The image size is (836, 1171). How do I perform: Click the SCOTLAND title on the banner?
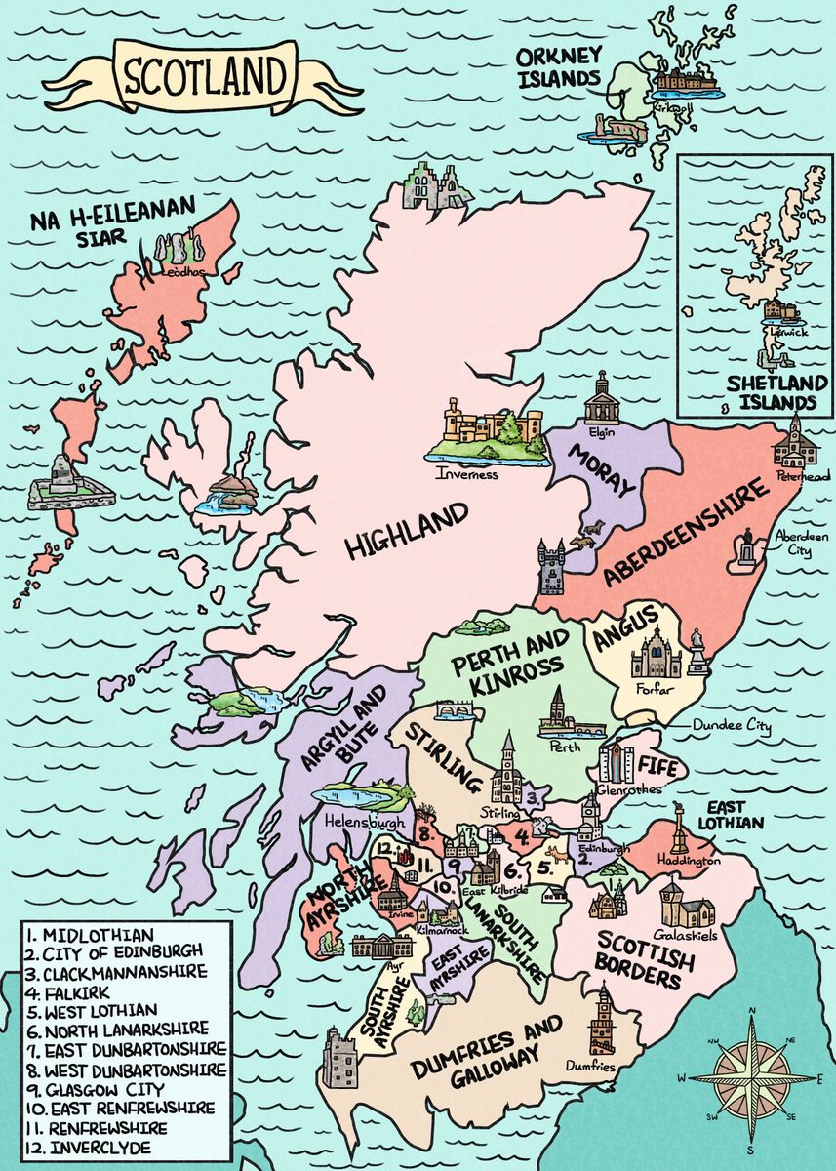point(204,76)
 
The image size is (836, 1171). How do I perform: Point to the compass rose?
point(751,1077)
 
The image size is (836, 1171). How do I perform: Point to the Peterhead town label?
point(802,477)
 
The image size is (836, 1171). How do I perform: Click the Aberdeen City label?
point(800,545)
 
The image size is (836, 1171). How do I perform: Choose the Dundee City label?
point(732,727)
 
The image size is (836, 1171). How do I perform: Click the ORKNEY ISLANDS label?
point(558,66)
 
